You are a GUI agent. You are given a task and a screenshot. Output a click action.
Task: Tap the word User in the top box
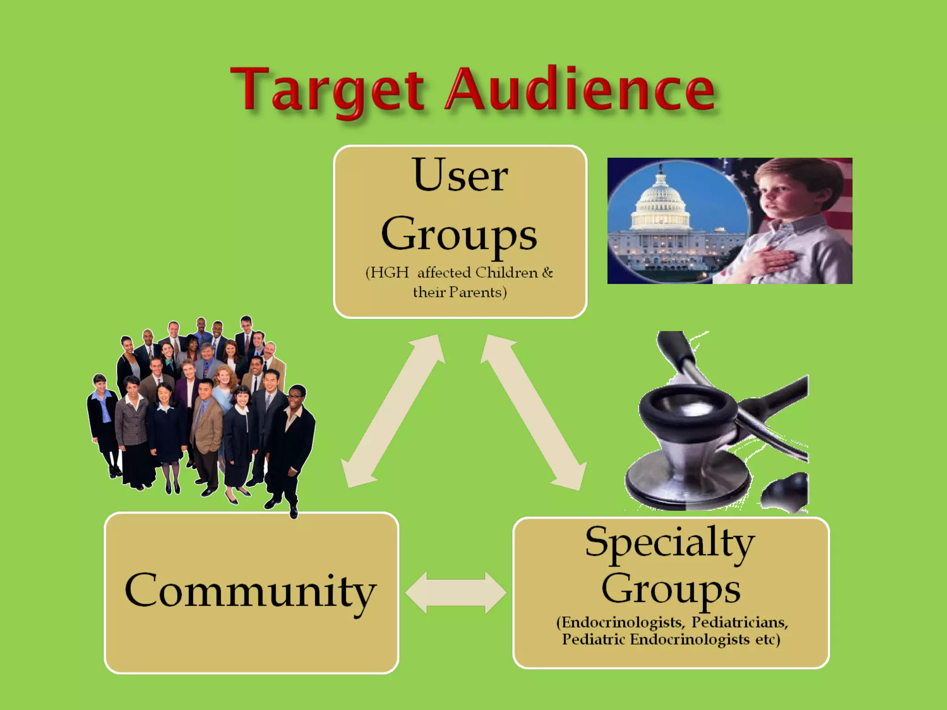point(461,176)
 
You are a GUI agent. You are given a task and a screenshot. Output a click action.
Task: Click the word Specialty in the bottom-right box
point(670,543)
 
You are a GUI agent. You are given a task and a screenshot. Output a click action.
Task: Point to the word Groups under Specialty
point(670,589)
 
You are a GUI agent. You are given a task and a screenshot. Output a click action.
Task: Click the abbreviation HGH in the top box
point(389,273)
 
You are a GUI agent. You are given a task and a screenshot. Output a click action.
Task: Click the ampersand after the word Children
point(547,273)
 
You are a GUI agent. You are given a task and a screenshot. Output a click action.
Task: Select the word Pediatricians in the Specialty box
point(739,622)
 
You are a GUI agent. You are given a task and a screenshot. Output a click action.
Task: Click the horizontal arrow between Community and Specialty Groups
point(456,593)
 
